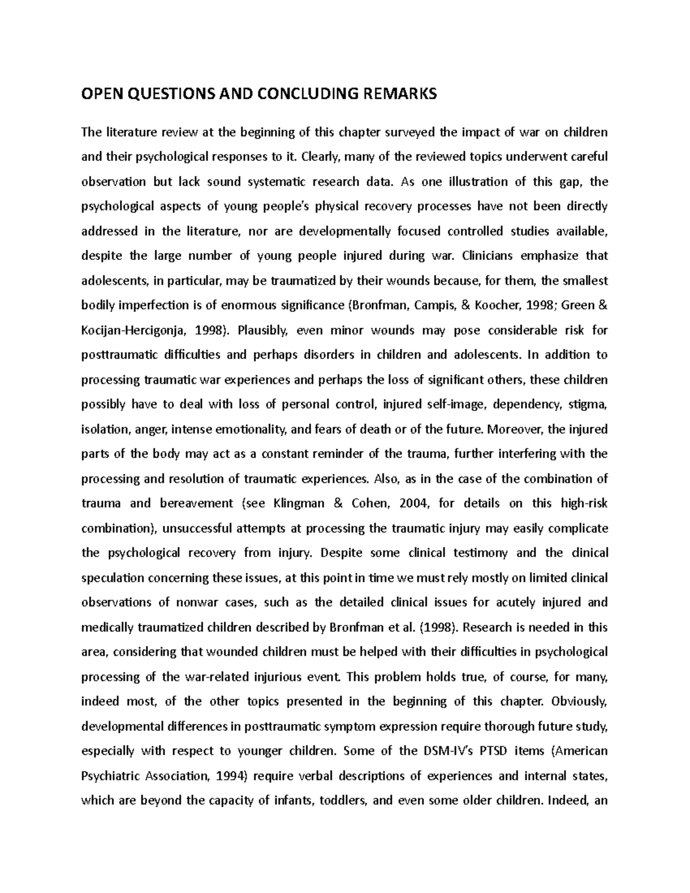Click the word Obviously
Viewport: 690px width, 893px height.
[x=578, y=702]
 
